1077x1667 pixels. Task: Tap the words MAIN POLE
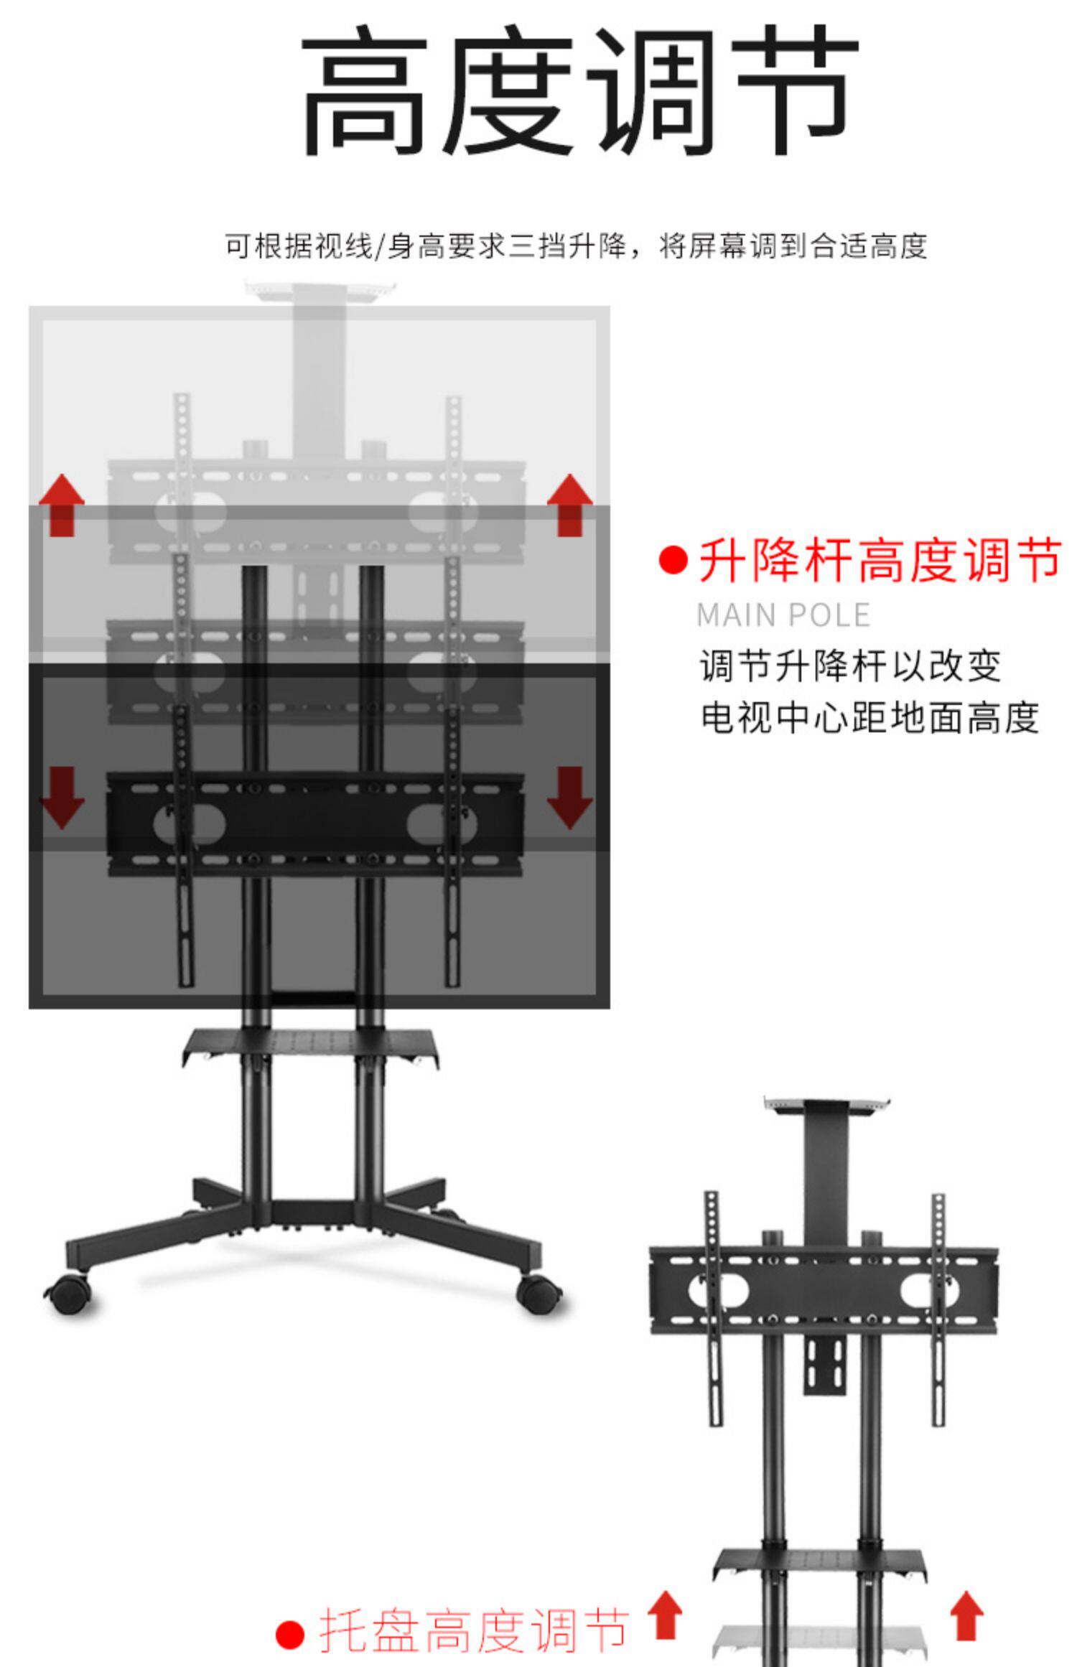pyautogui.click(x=783, y=615)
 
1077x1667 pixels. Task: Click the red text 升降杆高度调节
pyautogui.click(x=880, y=561)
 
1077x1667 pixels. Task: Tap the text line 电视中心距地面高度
pyautogui.click(x=869, y=717)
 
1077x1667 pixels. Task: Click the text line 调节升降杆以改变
pyautogui.click(x=850, y=666)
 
